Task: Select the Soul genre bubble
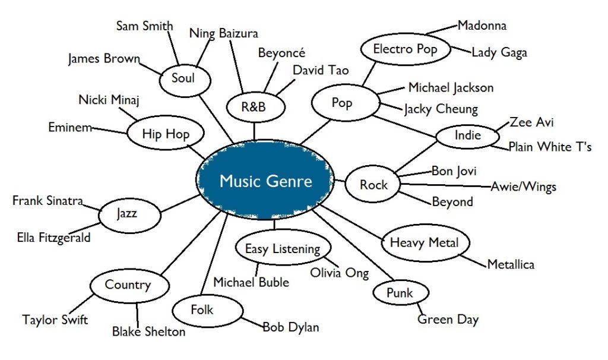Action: pyautogui.click(x=183, y=78)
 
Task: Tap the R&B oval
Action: pyautogui.click(x=256, y=108)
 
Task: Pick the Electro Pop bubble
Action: pyautogui.click(x=405, y=50)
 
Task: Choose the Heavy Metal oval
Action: pyautogui.click(x=424, y=242)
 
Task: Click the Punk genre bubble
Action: pyautogui.click(x=399, y=293)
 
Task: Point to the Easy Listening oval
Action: pyautogui.click(x=283, y=249)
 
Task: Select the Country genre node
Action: pyautogui.click(x=128, y=285)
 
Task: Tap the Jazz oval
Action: pyautogui.click(x=127, y=212)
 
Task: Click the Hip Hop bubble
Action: pyautogui.click(x=166, y=134)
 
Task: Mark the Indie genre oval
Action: pyautogui.click(x=467, y=136)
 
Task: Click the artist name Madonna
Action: pyautogui.click(x=482, y=26)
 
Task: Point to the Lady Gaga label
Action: pyautogui.click(x=499, y=53)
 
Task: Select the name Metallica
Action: pyautogui.click(x=511, y=264)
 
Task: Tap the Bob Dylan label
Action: pyautogui.click(x=290, y=327)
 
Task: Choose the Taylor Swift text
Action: pyautogui.click(x=55, y=320)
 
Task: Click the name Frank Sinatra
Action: pyautogui.click(x=47, y=201)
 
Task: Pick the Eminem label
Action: pyautogui.click(x=70, y=127)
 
